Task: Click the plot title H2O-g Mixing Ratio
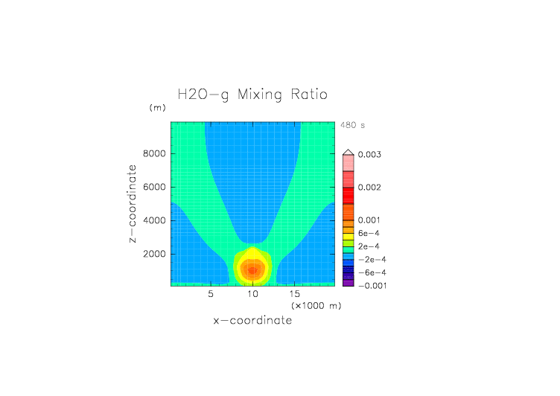pyautogui.click(x=252, y=95)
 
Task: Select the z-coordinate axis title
pyautogui.click(x=133, y=203)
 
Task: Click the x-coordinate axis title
pyautogui.click(x=252, y=321)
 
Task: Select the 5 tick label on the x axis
pyautogui.click(x=211, y=294)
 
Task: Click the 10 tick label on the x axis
pyautogui.click(x=253, y=294)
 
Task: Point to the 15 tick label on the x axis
pyautogui.click(x=295, y=294)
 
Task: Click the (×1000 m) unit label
pyautogui.click(x=316, y=306)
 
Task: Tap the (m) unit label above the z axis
pyautogui.click(x=157, y=107)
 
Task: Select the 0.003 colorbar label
pyautogui.click(x=371, y=154)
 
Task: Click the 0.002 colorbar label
pyautogui.click(x=371, y=187)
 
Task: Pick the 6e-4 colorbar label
pyautogui.click(x=369, y=233)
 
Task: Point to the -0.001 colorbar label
pyautogui.click(x=372, y=286)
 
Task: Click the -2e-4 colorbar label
pyautogui.click(x=370, y=259)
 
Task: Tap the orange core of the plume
pyautogui.click(x=253, y=270)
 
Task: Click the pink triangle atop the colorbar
pyautogui.click(x=348, y=151)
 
